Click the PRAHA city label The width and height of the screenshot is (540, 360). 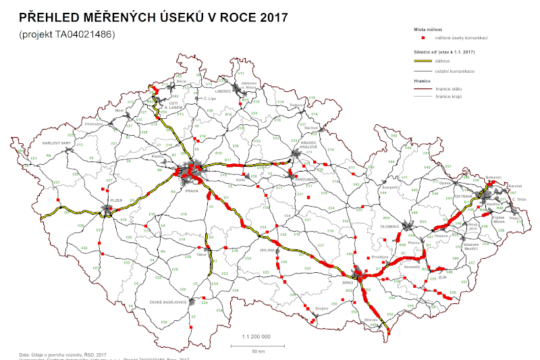click(191, 191)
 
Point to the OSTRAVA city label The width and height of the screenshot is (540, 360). click(462, 196)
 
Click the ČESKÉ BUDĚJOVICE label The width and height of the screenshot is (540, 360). click(168, 301)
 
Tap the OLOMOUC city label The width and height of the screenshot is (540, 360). click(392, 227)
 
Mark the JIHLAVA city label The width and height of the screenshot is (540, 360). click(268, 249)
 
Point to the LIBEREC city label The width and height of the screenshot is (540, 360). click(223, 91)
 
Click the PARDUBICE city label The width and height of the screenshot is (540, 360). click(300, 179)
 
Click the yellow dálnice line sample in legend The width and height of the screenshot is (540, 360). click(423, 61)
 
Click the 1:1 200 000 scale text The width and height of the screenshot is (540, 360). click(256, 335)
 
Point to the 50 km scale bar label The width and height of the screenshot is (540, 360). click(257, 351)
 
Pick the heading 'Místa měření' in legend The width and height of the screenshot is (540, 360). click(427, 30)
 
